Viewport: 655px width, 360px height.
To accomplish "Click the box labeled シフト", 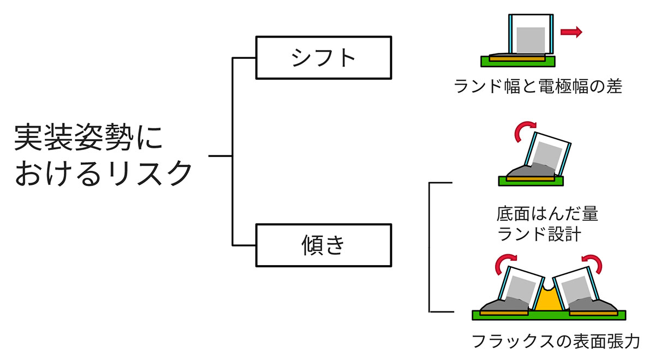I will coord(324,57).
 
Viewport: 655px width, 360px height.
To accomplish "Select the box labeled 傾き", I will coord(324,245).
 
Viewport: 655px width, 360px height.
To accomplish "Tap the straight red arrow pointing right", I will coord(571,33).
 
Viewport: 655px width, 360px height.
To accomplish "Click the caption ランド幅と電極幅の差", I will coord(538,86).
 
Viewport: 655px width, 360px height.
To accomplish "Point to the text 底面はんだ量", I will coord(547,213).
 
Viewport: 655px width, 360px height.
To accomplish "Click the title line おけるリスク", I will coord(104,173).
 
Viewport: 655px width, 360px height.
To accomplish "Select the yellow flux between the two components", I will coord(547,301).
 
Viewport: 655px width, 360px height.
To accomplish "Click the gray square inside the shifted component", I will coord(531,40).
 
